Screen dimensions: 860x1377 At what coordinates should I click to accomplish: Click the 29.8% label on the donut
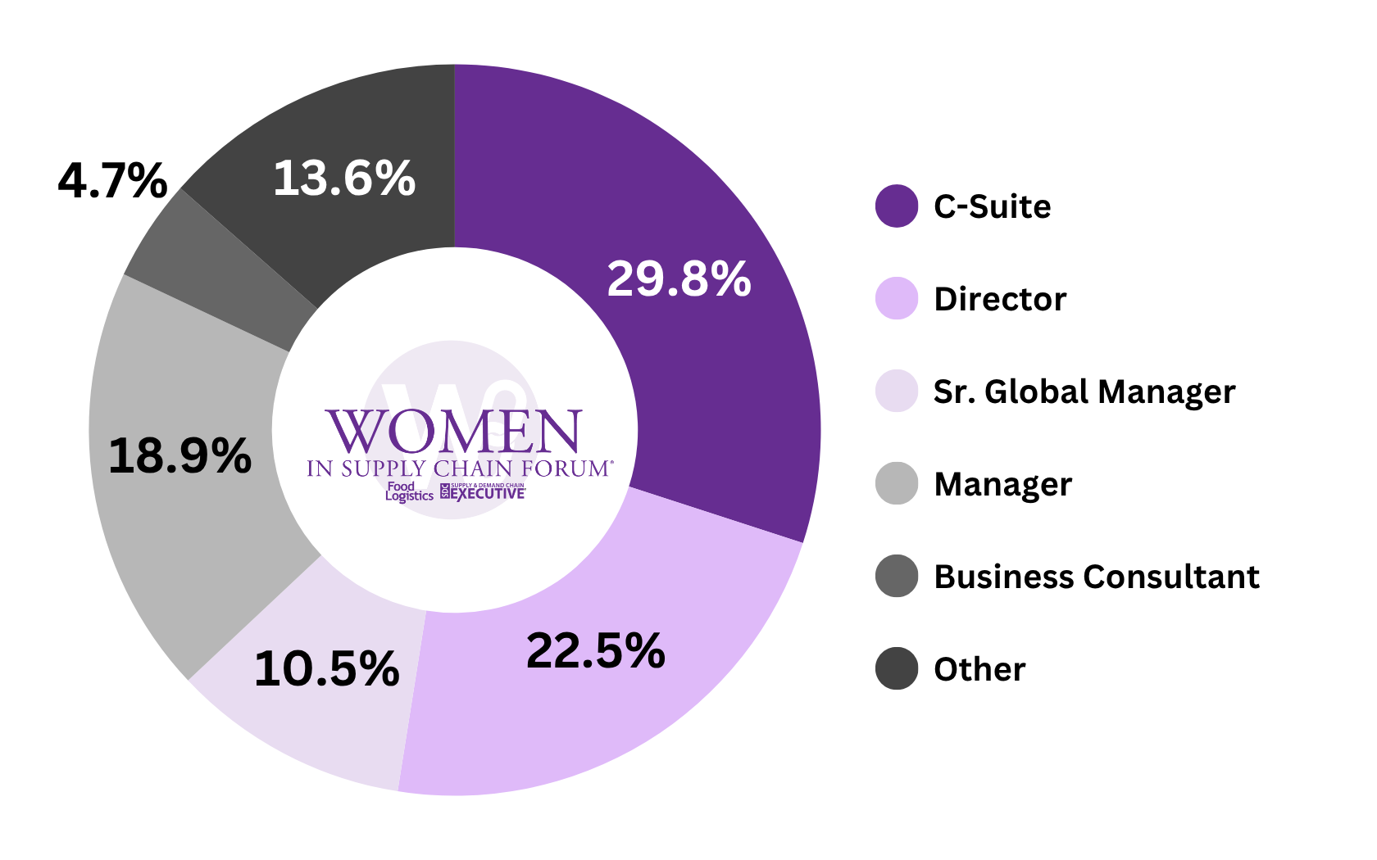click(x=679, y=279)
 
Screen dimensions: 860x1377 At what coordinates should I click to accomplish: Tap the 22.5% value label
click(x=595, y=652)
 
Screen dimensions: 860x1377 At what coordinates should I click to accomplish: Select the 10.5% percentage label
click(x=326, y=669)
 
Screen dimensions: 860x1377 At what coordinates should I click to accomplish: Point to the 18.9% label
click(x=180, y=456)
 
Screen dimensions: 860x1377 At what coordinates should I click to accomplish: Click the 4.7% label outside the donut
click(x=112, y=181)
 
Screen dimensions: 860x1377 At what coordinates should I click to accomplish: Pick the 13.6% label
click(x=344, y=179)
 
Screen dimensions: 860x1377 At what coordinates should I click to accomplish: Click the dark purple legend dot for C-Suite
click(x=896, y=206)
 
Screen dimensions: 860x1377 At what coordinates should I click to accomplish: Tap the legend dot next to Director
click(x=896, y=298)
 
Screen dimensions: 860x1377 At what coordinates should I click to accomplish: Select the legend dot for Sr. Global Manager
click(x=896, y=391)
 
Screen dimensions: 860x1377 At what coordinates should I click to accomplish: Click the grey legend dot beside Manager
click(x=896, y=483)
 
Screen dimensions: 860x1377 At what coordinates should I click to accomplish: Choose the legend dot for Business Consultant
click(x=896, y=576)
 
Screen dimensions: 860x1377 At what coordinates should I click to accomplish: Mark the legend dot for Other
click(x=896, y=668)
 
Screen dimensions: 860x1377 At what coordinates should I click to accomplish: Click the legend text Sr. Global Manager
click(x=1084, y=392)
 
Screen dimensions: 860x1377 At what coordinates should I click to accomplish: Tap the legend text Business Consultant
click(x=1096, y=577)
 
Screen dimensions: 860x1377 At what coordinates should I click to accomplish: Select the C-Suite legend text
click(x=992, y=206)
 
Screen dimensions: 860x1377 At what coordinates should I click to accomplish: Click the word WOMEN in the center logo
click(x=454, y=432)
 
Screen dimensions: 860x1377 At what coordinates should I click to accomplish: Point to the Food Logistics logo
click(x=408, y=491)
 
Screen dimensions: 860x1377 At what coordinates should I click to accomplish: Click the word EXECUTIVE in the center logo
click(x=489, y=494)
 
